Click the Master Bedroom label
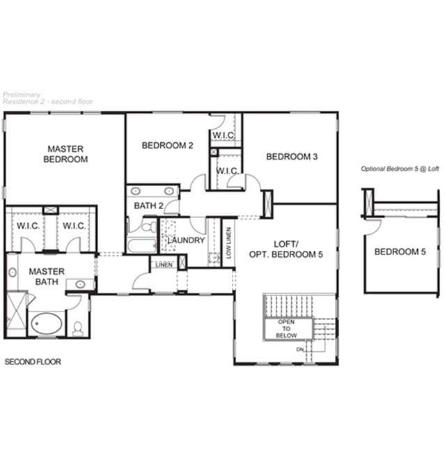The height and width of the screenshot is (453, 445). [65, 154]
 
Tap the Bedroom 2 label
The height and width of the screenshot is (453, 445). [168, 146]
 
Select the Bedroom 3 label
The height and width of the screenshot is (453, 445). [292, 157]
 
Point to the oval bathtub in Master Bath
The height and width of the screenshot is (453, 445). [46, 323]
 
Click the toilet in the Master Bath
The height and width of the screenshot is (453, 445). [77, 329]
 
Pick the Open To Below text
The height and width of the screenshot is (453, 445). [286, 329]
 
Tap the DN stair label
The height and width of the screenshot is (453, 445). [300, 350]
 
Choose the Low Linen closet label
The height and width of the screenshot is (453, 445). [229, 243]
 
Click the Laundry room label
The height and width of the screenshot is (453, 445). [186, 240]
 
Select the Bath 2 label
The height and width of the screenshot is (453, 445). [148, 206]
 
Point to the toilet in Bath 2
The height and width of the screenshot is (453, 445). [148, 227]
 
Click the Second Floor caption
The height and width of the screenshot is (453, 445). [33, 362]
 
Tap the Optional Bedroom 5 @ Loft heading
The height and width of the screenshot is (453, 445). [400, 169]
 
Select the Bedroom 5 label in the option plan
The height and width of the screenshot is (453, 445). [400, 252]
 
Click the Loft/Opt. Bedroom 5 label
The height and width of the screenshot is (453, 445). [286, 249]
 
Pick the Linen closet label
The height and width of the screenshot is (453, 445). [164, 265]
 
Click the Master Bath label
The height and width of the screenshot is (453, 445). [47, 277]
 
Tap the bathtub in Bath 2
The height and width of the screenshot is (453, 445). [142, 246]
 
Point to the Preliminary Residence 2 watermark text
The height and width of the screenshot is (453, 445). [47, 98]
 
